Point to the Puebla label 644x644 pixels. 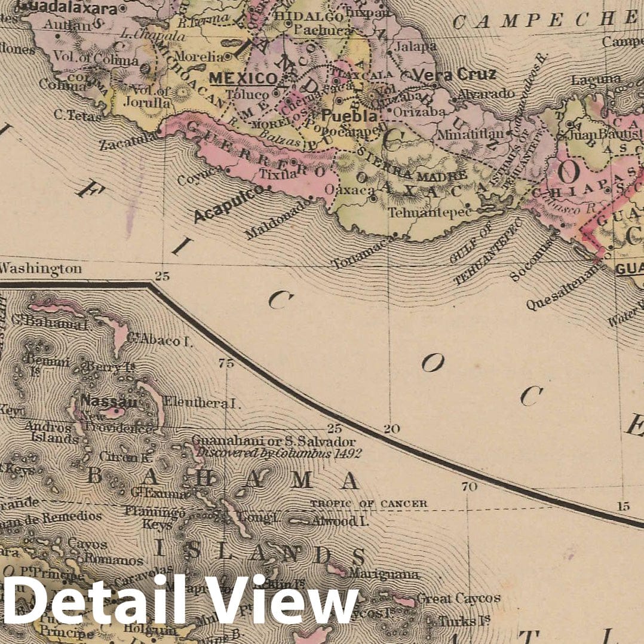point(350,115)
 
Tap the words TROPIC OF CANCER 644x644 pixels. point(369,504)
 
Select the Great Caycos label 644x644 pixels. point(458,598)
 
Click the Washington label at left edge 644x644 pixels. point(41,269)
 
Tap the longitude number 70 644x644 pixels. point(469,487)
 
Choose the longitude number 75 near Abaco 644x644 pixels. point(226,363)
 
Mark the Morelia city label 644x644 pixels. point(206,56)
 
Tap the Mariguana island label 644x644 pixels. point(384,575)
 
